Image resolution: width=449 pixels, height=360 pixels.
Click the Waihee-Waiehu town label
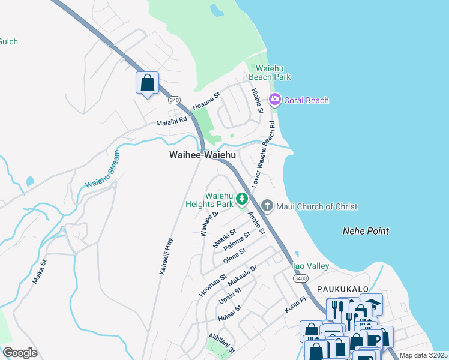[x=202, y=155]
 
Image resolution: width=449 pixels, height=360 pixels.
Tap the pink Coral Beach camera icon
[x=275, y=100]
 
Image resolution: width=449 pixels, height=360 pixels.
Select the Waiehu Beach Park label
[x=273, y=73]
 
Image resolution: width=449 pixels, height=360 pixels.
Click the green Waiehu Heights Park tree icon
[x=241, y=198]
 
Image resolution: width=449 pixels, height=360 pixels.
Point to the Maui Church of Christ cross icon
[x=268, y=206]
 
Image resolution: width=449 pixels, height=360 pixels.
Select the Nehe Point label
[x=366, y=231]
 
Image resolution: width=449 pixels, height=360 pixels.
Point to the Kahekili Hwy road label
[x=166, y=256]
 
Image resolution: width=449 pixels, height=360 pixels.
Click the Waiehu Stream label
[x=103, y=169]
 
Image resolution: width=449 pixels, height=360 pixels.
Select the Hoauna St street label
[x=207, y=101]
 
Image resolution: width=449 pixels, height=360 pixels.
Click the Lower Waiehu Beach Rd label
[x=264, y=155]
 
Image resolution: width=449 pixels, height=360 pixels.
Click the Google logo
[x=19, y=353]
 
